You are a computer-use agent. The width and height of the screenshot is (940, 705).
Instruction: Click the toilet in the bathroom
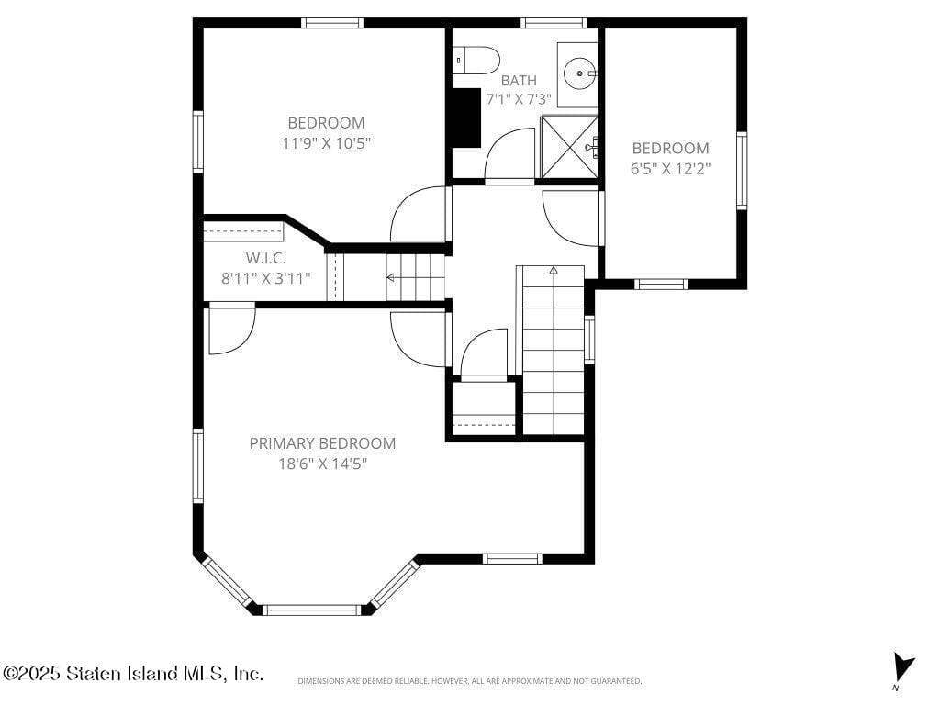(x=476, y=61)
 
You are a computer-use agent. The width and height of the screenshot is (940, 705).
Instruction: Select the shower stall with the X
(x=569, y=146)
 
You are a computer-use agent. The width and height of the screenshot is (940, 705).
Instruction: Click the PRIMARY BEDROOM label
(x=322, y=443)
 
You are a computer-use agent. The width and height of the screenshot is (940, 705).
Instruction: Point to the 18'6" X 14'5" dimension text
(x=322, y=464)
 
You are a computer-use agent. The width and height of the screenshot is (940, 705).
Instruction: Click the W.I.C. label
(x=265, y=258)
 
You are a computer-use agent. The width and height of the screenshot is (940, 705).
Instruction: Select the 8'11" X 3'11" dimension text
(x=265, y=278)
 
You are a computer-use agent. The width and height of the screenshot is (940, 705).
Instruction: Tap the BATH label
(x=519, y=81)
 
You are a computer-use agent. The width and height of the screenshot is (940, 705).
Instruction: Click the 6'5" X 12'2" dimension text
(x=670, y=168)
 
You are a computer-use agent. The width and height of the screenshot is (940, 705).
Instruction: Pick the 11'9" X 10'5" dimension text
(x=326, y=142)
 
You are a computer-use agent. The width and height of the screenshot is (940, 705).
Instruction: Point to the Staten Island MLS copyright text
(x=133, y=674)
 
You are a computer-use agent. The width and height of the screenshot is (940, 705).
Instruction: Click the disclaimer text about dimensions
(x=469, y=681)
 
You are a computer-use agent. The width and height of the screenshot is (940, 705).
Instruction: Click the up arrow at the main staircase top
(x=554, y=271)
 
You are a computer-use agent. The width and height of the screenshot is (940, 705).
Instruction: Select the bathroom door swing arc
(x=509, y=154)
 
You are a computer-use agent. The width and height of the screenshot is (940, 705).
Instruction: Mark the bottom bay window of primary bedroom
(x=312, y=610)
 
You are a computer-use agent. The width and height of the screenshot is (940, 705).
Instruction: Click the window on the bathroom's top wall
(x=553, y=23)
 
